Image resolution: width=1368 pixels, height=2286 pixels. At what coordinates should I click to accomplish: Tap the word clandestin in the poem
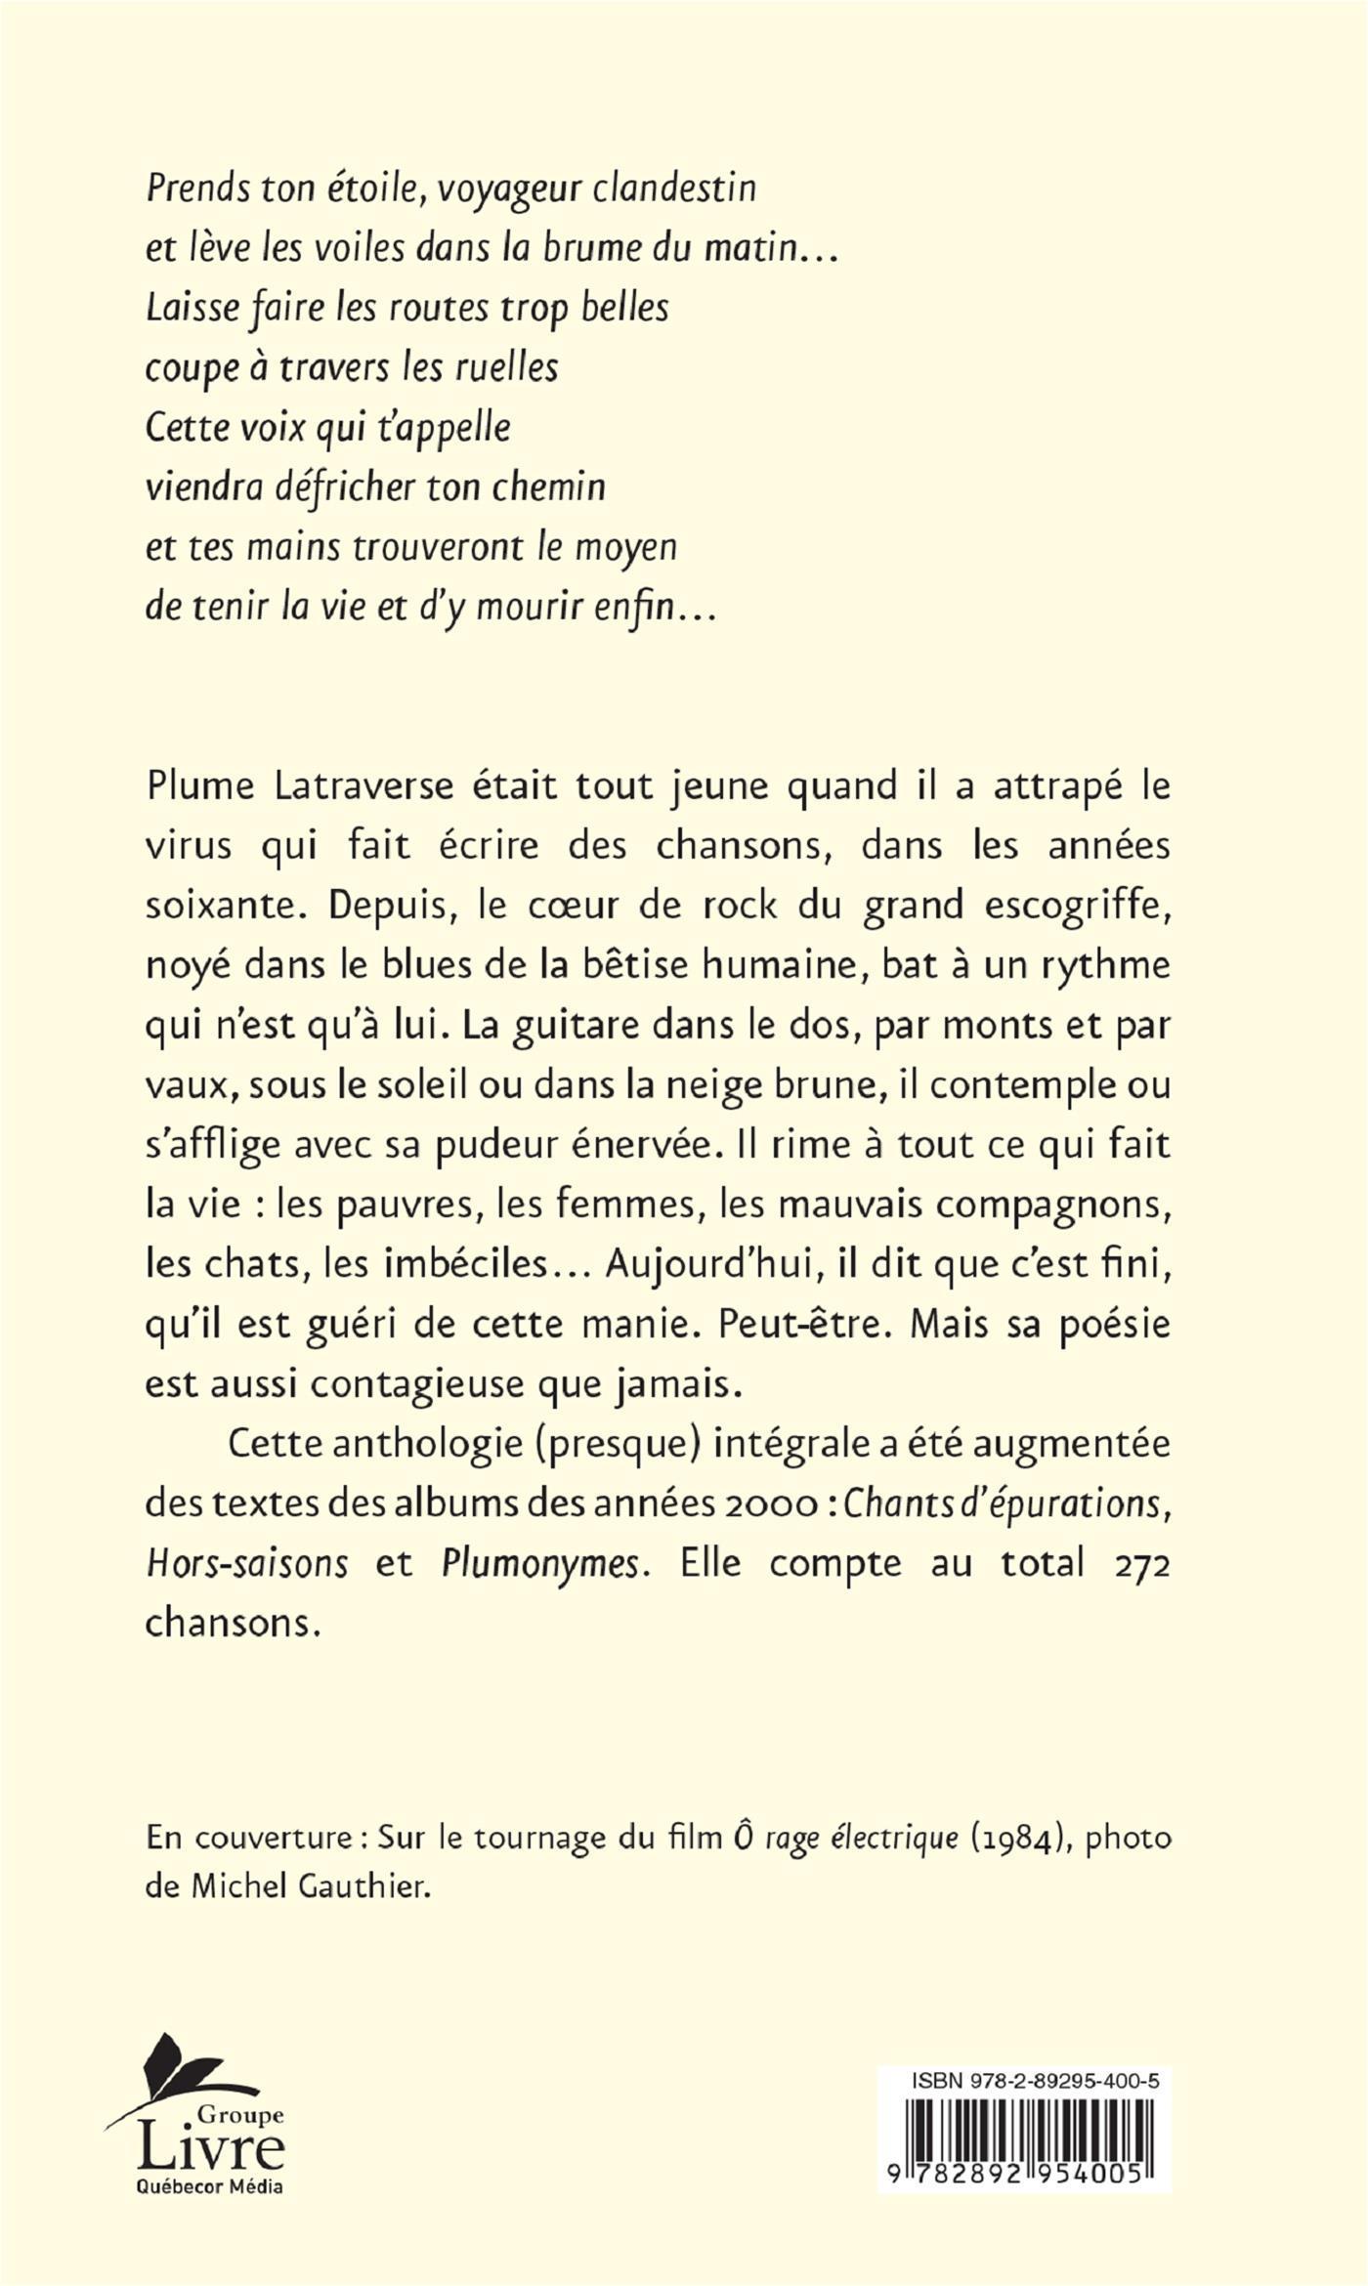[x=674, y=188]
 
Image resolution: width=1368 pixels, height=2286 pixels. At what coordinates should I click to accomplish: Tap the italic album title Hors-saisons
[x=246, y=1563]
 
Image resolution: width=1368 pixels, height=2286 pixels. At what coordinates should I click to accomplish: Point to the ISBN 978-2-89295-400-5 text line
[x=1035, y=2082]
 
